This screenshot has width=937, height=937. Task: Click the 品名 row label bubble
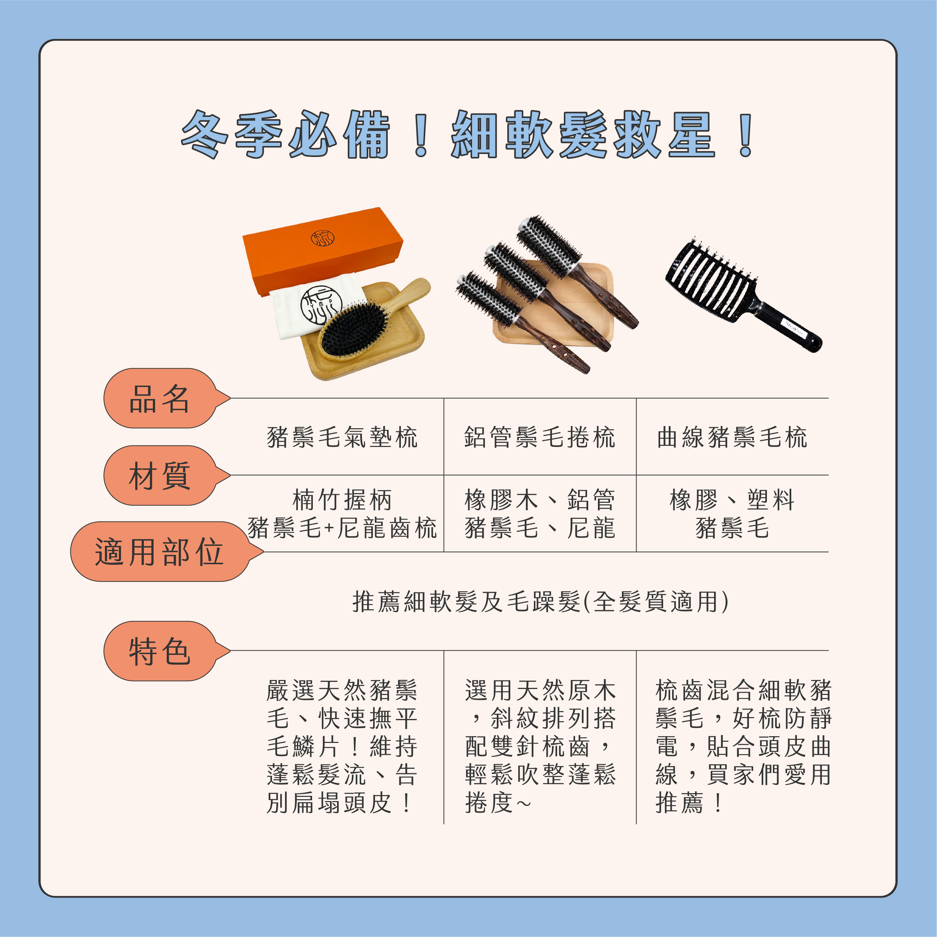160,399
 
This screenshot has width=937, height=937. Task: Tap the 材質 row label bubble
160,476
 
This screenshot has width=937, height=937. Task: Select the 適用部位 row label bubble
160,552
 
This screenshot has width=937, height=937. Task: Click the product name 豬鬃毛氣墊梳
342,437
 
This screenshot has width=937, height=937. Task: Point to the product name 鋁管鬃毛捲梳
539,437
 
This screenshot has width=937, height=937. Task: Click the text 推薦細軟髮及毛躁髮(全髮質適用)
540,602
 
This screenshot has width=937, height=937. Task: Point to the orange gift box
322,252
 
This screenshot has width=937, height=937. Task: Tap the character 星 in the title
692,135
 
